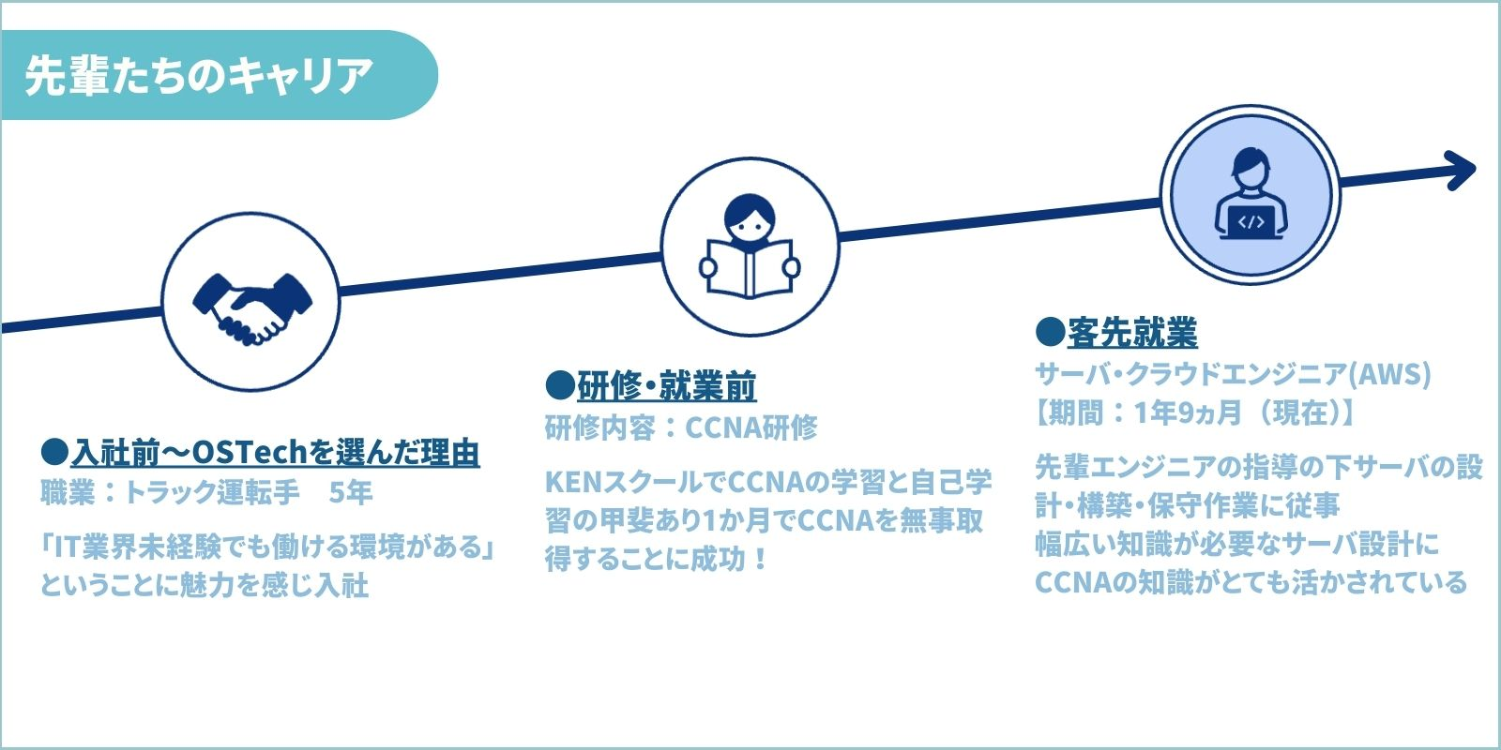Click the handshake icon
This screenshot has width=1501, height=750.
click(x=251, y=302)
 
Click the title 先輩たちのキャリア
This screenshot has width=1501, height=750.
click(x=199, y=75)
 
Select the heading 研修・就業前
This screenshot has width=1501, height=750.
click(x=666, y=385)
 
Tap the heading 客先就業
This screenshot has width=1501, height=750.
click(x=1132, y=332)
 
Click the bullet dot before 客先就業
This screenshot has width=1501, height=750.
click(x=1050, y=332)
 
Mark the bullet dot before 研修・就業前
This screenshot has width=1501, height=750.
click(x=559, y=385)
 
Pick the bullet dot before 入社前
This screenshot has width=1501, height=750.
click(x=55, y=453)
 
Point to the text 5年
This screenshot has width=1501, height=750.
click(x=351, y=492)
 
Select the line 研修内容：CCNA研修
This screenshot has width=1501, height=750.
click(x=681, y=427)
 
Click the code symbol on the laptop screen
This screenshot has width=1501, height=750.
click(x=1251, y=222)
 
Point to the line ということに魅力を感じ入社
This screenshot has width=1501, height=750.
click(x=205, y=585)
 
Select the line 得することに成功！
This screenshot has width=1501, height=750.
click(x=657, y=559)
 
